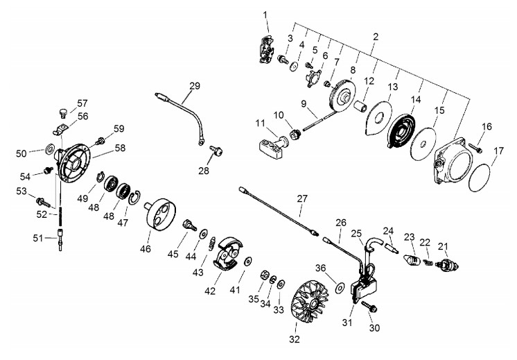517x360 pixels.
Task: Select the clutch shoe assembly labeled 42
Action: pyautogui.click(x=228, y=253)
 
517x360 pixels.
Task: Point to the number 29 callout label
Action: pyautogui.click(x=195, y=86)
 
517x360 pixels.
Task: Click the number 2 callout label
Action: pyautogui.click(x=376, y=37)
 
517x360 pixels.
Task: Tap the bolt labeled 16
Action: pyautogui.click(x=475, y=148)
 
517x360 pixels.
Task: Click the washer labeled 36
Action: pyautogui.click(x=340, y=287)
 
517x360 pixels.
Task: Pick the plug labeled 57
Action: pyautogui.click(x=62, y=113)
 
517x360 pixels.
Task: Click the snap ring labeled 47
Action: pyautogui.click(x=134, y=198)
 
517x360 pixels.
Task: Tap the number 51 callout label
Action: pyautogui.click(x=38, y=238)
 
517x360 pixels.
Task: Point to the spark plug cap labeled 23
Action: pyautogui.click(x=412, y=259)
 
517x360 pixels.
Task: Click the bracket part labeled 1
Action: pyautogui.click(x=266, y=49)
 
